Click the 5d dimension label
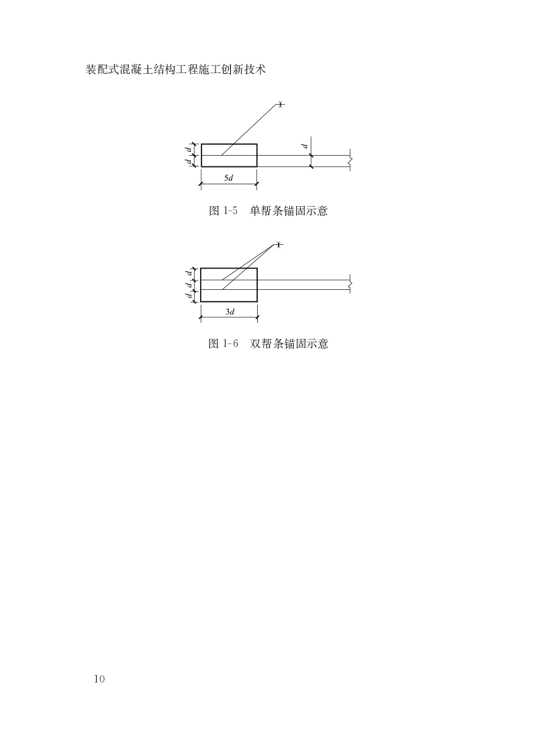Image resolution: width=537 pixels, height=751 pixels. pyautogui.click(x=228, y=178)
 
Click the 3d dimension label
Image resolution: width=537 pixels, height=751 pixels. pyautogui.click(x=229, y=312)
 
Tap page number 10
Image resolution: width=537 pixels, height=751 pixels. pyautogui.click(x=99, y=679)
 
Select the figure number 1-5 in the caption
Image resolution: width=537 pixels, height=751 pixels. pyautogui.click(x=231, y=211)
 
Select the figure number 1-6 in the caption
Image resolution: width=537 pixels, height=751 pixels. pyautogui.click(x=231, y=344)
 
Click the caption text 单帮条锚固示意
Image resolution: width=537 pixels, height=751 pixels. pyautogui.click(x=289, y=211)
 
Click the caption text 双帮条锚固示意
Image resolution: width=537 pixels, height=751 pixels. pyautogui.click(x=289, y=344)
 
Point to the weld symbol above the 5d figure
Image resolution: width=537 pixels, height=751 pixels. pyautogui.click(x=281, y=104)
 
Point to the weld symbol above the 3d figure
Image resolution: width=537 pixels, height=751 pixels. pyautogui.click(x=279, y=245)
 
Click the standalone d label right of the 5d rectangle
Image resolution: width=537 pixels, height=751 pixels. pyautogui.click(x=304, y=145)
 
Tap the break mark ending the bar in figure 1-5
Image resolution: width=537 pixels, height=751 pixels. pyautogui.click(x=350, y=161)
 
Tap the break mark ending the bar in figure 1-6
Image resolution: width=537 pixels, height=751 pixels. pyautogui.click(x=350, y=285)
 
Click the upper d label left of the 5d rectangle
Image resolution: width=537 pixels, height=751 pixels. pyautogui.click(x=188, y=150)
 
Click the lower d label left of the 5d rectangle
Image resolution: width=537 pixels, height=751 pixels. pyautogui.click(x=188, y=161)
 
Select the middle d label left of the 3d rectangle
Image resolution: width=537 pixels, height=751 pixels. pyautogui.click(x=189, y=285)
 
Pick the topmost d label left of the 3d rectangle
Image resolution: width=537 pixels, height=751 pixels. pyautogui.click(x=189, y=273)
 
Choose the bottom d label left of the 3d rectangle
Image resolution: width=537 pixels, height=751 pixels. pyautogui.click(x=189, y=296)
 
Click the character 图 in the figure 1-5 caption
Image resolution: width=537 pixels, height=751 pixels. pyautogui.click(x=214, y=211)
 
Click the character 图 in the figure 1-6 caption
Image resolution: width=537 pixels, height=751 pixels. pyautogui.click(x=214, y=344)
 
